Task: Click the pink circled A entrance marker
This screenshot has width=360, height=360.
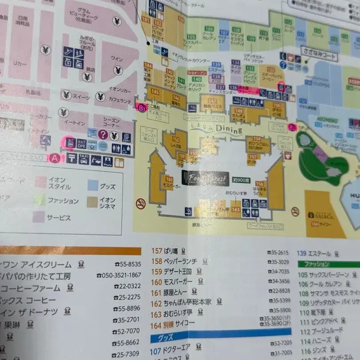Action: coord(54,158)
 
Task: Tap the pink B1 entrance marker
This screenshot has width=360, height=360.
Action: coord(141,108)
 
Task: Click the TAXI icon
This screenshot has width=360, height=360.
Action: coord(84,159)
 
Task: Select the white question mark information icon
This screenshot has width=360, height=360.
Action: coord(103,134)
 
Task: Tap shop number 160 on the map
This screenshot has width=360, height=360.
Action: coord(169,179)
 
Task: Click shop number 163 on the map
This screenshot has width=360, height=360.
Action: coord(236,209)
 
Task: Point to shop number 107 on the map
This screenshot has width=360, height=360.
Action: coord(224,33)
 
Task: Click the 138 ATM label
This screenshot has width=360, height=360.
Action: coord(216,79)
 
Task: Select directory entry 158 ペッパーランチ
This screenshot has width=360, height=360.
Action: coord(176,261)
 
